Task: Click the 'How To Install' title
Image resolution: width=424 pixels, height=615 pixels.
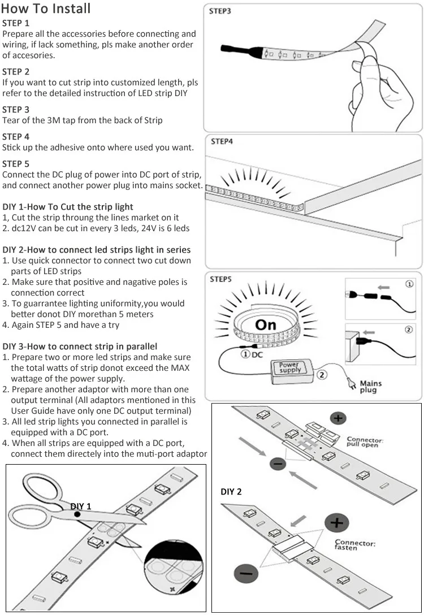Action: [46, 9]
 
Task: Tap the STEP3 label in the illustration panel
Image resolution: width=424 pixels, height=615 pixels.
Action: [220, 11]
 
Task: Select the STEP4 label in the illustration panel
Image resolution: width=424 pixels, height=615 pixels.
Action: [222, 141]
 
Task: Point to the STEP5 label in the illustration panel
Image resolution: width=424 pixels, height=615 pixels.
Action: [221, 279]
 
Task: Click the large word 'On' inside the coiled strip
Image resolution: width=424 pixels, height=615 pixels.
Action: [265, 324]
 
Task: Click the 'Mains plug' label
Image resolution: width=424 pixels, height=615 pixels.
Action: [370, 387]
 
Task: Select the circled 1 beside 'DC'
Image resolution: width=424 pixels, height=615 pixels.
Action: [245, 354]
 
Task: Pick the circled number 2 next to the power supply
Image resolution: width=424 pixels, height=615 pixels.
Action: [322, 374]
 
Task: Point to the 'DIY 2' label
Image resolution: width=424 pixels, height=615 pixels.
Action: [231, 492]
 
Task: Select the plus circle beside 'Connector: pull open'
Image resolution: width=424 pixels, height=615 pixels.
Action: [339, 419]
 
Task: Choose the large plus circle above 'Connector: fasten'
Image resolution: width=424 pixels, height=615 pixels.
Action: [337, 523]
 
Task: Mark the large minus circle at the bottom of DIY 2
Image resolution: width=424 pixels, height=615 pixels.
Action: [246, 576]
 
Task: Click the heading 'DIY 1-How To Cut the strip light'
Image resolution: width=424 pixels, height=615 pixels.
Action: [68, 207]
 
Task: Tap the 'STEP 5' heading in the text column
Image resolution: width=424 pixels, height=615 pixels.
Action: [16, 164]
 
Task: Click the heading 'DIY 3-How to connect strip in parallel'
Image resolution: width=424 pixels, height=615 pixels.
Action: [80, 346]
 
